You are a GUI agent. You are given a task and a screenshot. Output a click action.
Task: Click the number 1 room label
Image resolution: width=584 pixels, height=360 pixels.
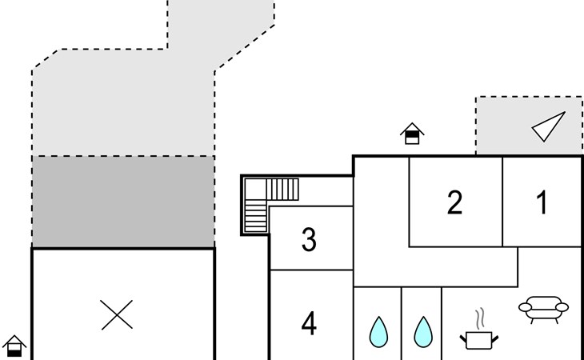coord(542,202)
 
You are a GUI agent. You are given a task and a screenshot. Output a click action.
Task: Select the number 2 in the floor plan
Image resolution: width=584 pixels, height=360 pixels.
coord(454,202)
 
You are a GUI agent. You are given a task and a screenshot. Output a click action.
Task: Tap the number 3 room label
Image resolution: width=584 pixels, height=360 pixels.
coord(309,239)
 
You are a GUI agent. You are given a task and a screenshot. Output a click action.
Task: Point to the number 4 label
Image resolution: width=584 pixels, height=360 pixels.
coord(309,323)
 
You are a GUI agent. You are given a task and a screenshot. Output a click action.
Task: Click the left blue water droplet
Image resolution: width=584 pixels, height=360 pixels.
coord(378,333)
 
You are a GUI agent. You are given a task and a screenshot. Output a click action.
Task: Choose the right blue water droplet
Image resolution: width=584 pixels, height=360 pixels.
coord(423,333)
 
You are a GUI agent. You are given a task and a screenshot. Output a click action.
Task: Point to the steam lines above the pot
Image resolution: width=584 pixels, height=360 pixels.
coord(481,318)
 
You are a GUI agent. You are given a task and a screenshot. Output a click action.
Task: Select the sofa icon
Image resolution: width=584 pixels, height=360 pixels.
coord(543,310)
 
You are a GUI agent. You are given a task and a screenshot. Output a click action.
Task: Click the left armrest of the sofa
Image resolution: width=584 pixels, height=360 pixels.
coord(525,307)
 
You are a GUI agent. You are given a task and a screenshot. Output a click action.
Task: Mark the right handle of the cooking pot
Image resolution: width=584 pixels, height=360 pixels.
coord(495,339)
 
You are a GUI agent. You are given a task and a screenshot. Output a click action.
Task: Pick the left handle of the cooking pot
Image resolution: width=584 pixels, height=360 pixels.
coord(463,339)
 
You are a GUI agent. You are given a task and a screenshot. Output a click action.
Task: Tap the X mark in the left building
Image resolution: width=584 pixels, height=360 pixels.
coord(117,315)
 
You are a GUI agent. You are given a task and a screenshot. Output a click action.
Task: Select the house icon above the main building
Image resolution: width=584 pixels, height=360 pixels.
coord(412,134)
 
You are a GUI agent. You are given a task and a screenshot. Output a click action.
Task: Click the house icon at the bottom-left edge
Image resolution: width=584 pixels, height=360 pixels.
coord(14,346)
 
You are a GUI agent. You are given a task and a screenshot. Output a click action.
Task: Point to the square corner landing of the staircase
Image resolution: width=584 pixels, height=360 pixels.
coord(255,189)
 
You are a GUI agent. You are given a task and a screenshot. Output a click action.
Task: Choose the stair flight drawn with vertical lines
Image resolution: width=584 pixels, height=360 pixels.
coord(282,189)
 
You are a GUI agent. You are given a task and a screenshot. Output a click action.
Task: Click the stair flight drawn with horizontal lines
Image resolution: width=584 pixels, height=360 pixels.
coord(255,216)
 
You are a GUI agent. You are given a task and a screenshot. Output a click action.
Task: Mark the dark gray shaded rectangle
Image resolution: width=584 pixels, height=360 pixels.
coord(123,202)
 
